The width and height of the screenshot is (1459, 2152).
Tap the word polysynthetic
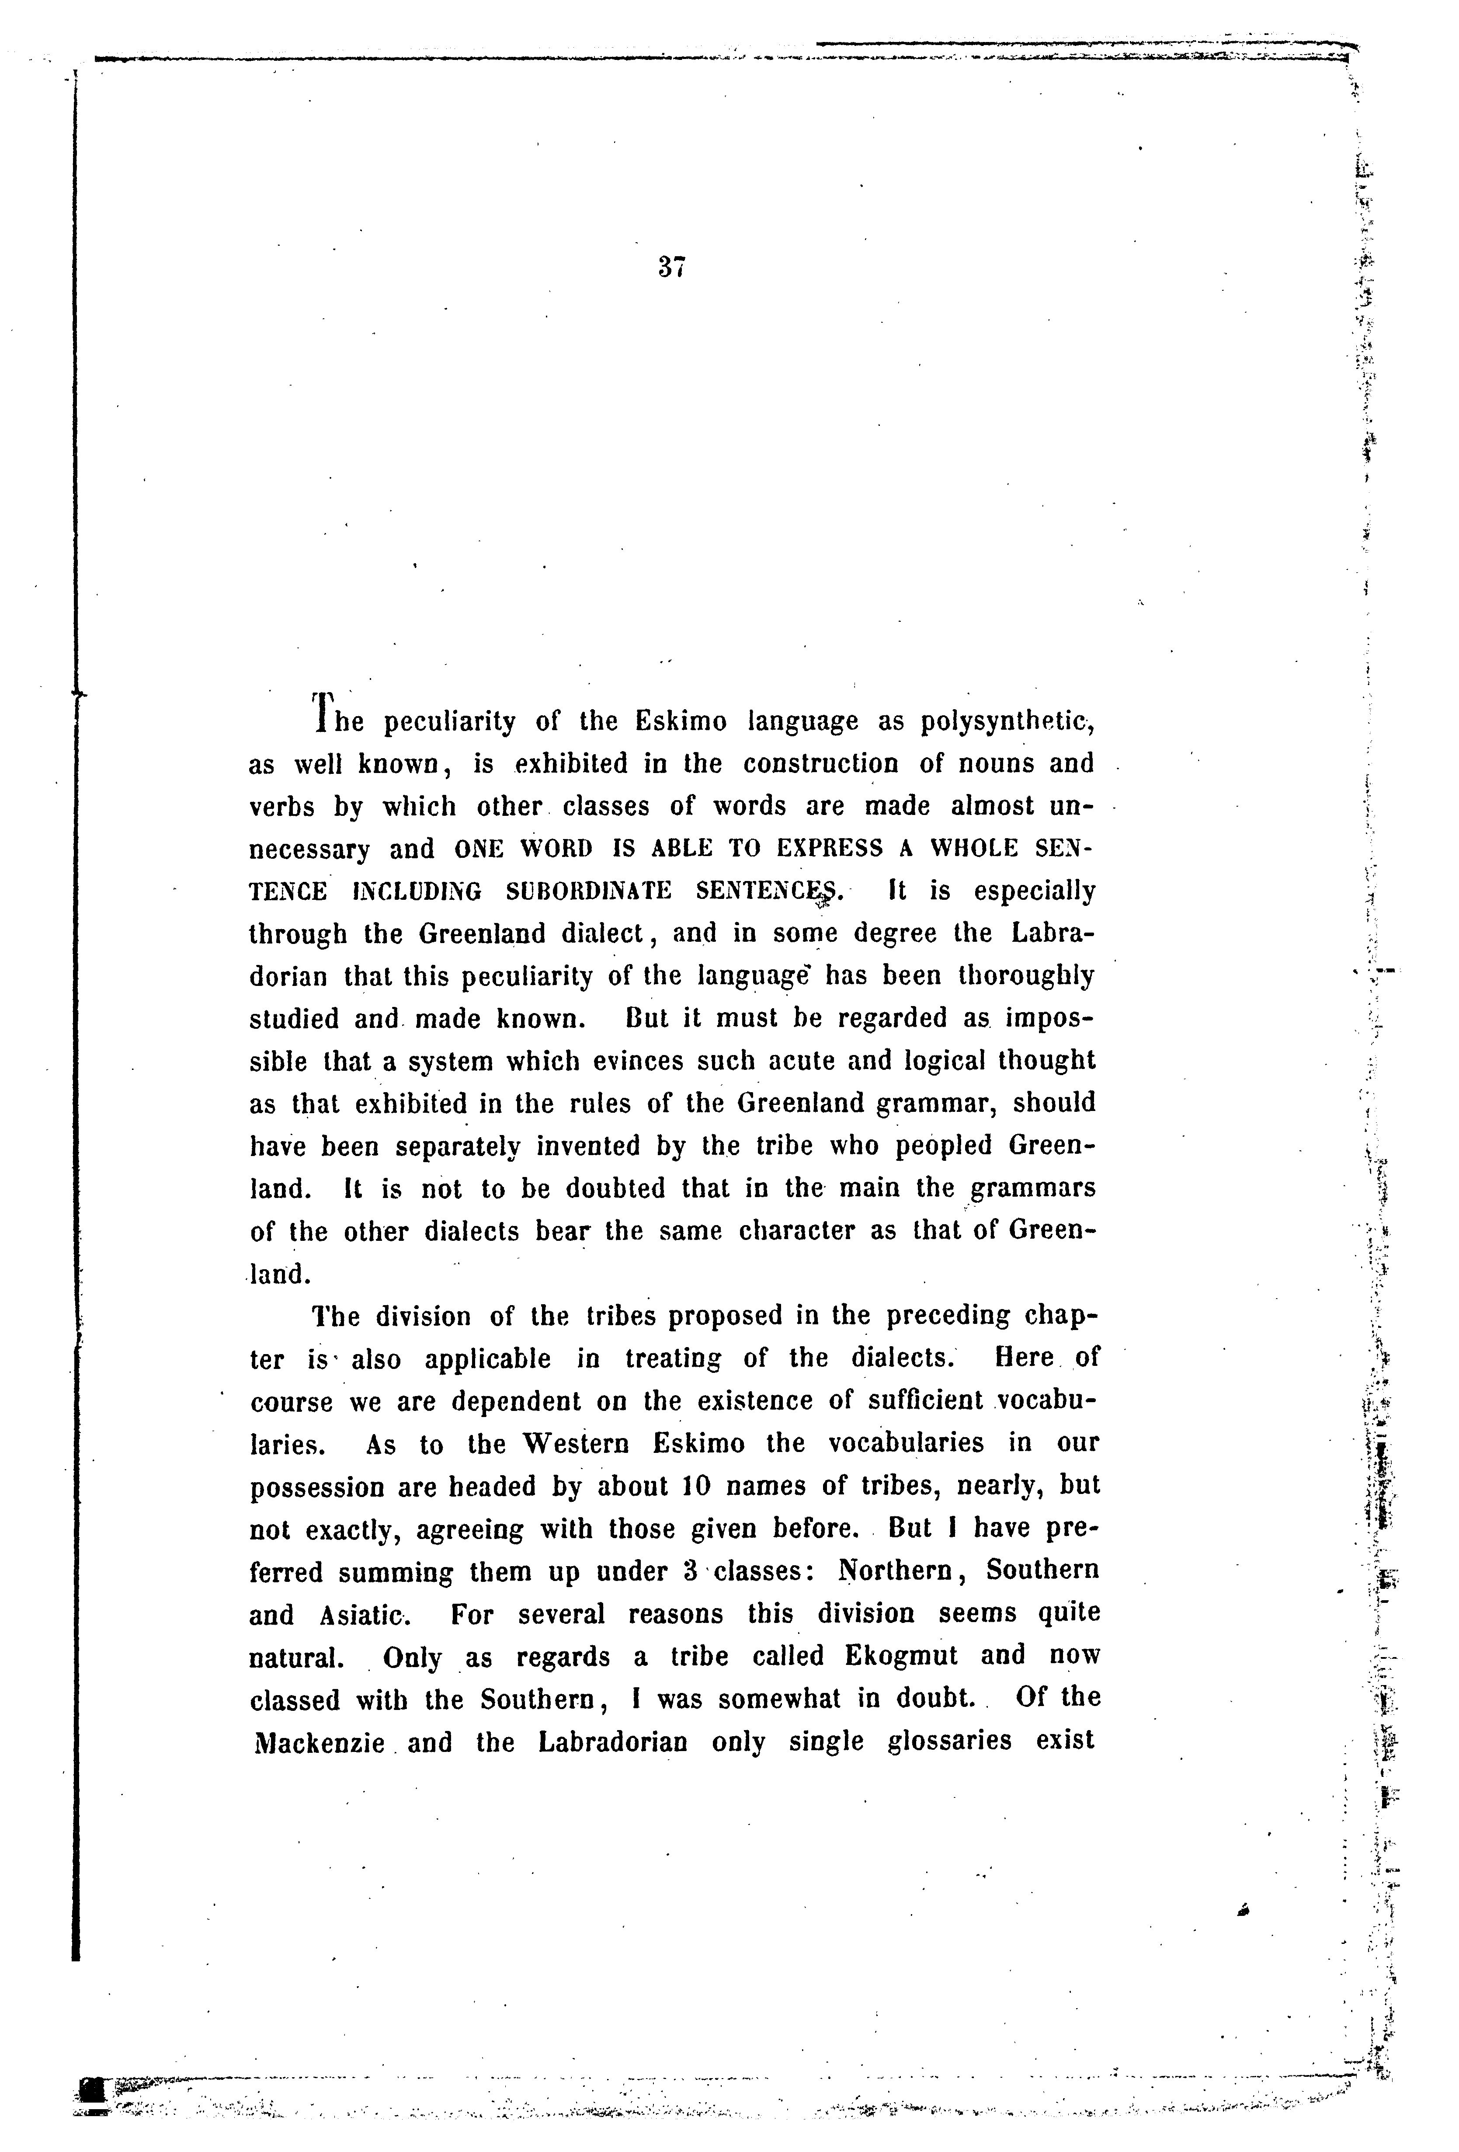[x=1004, y=721]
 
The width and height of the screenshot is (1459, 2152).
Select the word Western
[x=576, y=1444]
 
